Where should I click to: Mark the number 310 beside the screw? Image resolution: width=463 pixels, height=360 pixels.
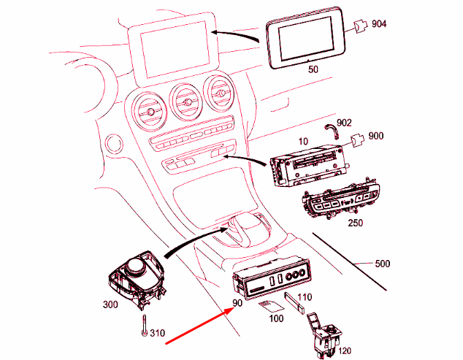[157, 334]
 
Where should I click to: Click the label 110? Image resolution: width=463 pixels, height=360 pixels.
[305, 297]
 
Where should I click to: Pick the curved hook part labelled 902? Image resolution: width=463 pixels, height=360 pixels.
[330, 131]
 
